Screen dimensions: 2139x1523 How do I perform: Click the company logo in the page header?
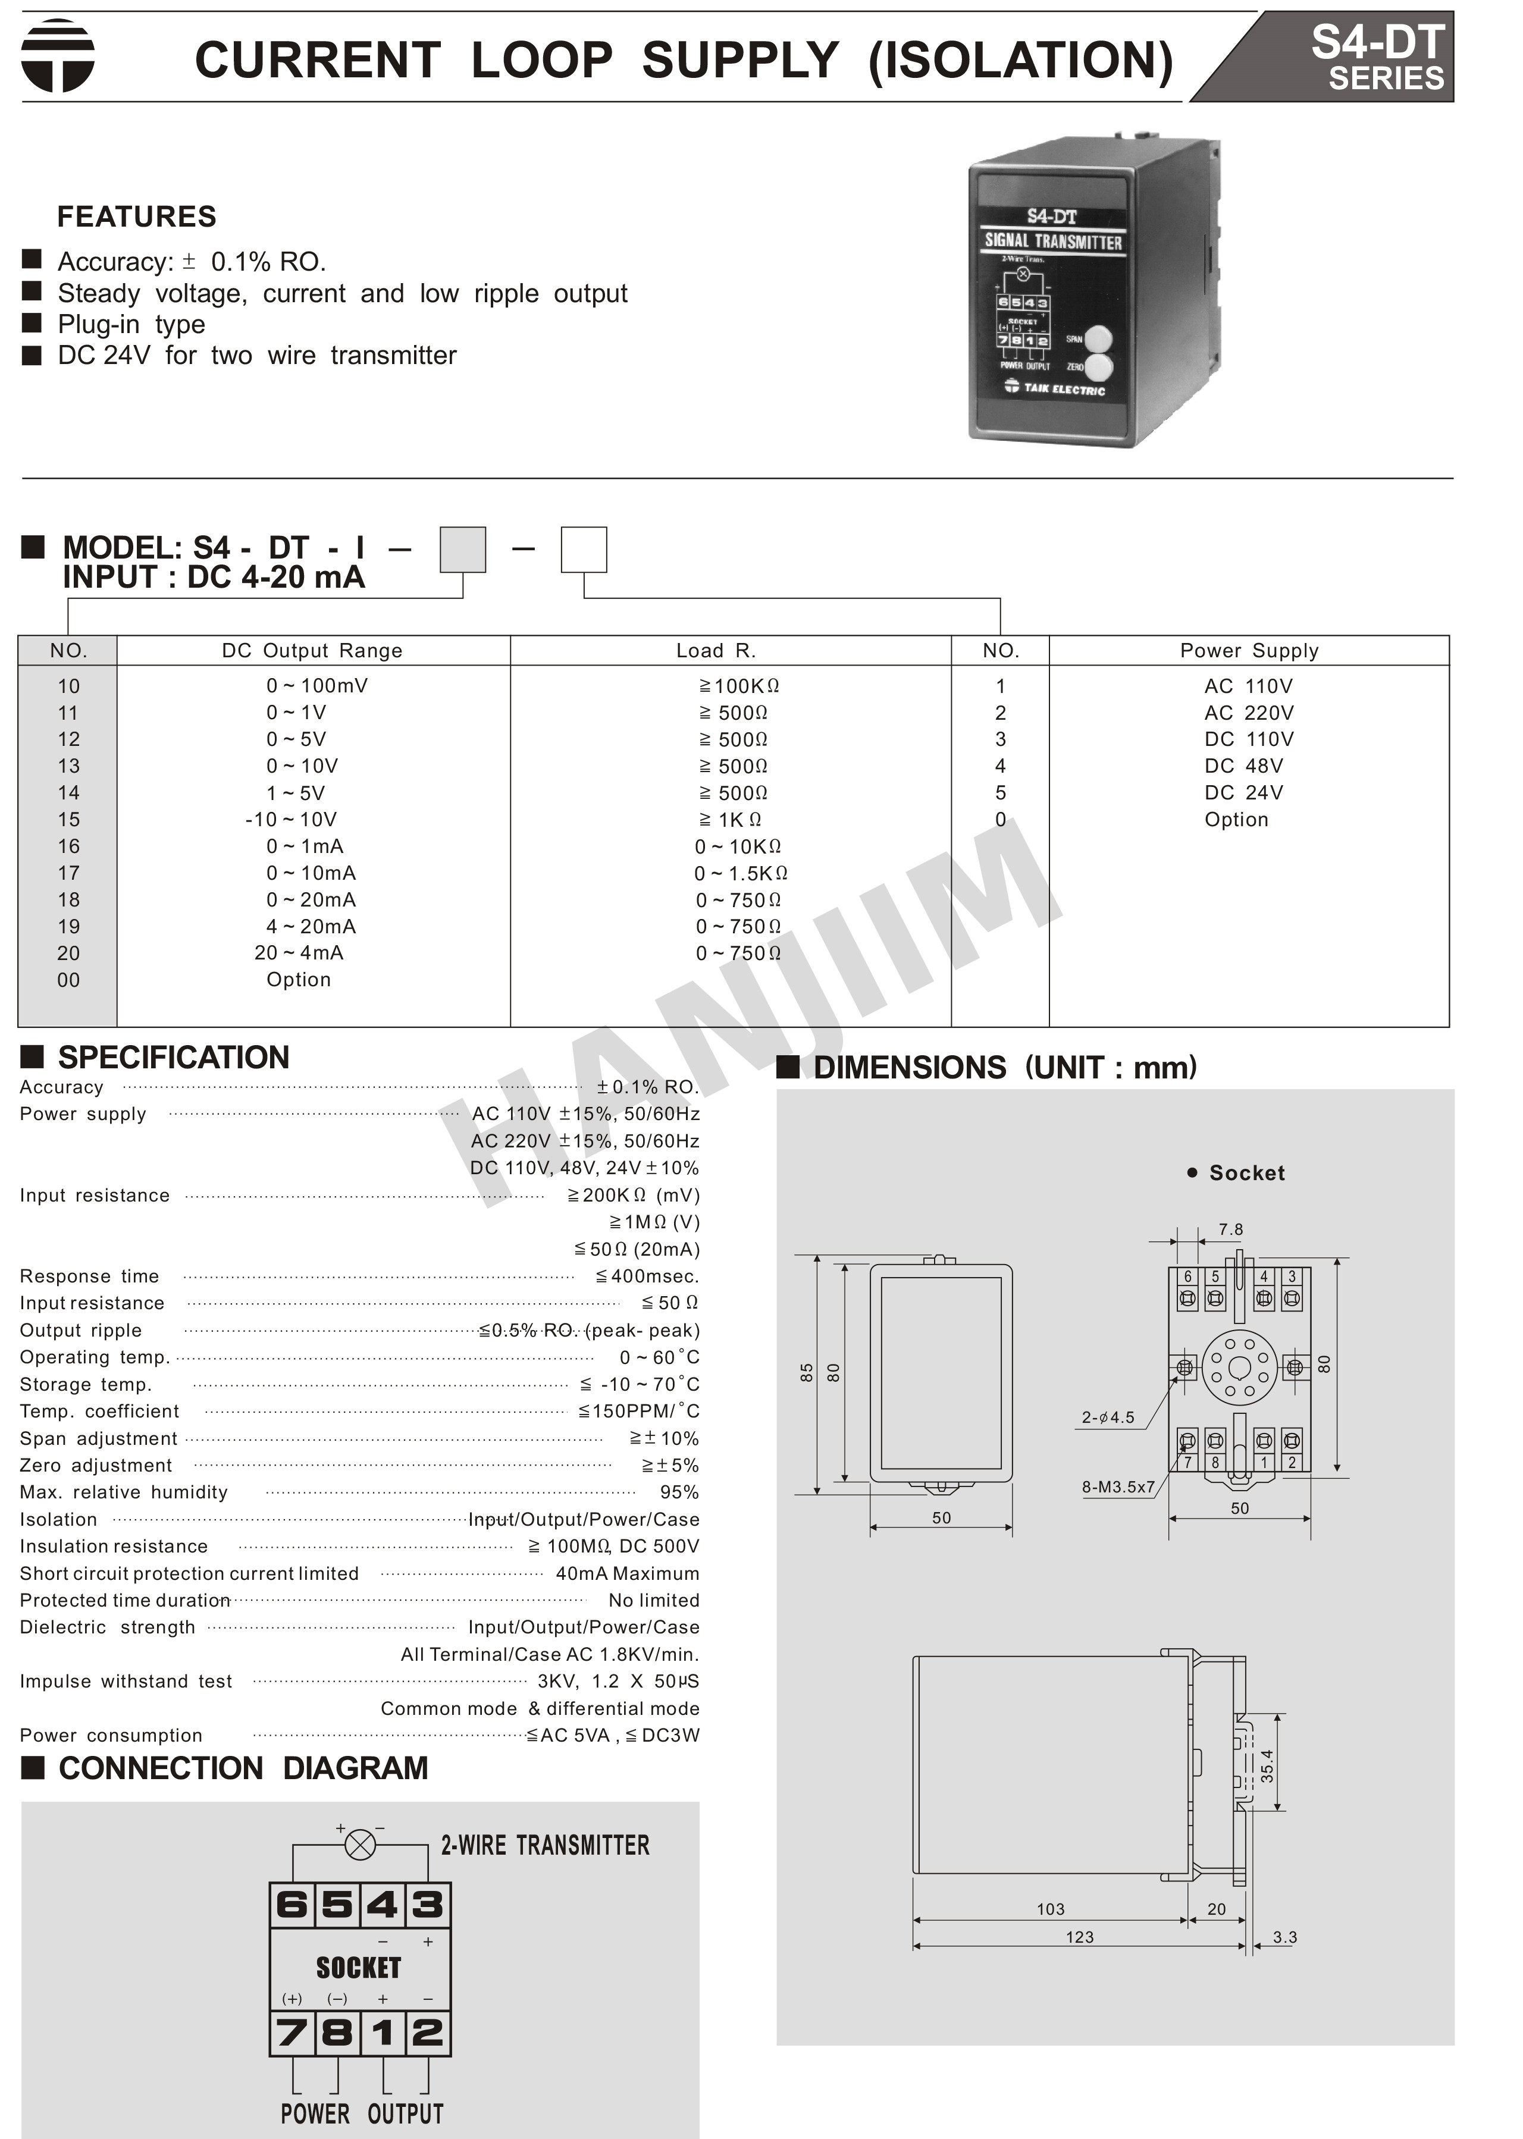coord(58,57)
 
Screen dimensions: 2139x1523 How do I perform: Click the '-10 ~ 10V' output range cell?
coord(291,820)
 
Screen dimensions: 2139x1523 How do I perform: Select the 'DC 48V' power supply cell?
coord(1243,766)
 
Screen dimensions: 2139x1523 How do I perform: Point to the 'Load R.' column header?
coord(716,651)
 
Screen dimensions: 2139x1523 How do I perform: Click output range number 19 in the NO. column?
coord(68,927)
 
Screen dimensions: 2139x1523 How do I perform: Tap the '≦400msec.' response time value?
coord(647,1276)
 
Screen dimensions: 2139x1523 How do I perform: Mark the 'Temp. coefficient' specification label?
coord(99,1412)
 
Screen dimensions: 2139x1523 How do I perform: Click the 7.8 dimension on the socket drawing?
coord(1230,1230)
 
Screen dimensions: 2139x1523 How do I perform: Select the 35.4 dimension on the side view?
coord(1267,1767)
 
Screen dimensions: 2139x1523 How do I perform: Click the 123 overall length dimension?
coord(1079,1936)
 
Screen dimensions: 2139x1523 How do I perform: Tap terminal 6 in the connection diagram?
coord(292,1905)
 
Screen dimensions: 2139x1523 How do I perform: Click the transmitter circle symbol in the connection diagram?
coord(360,1846)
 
